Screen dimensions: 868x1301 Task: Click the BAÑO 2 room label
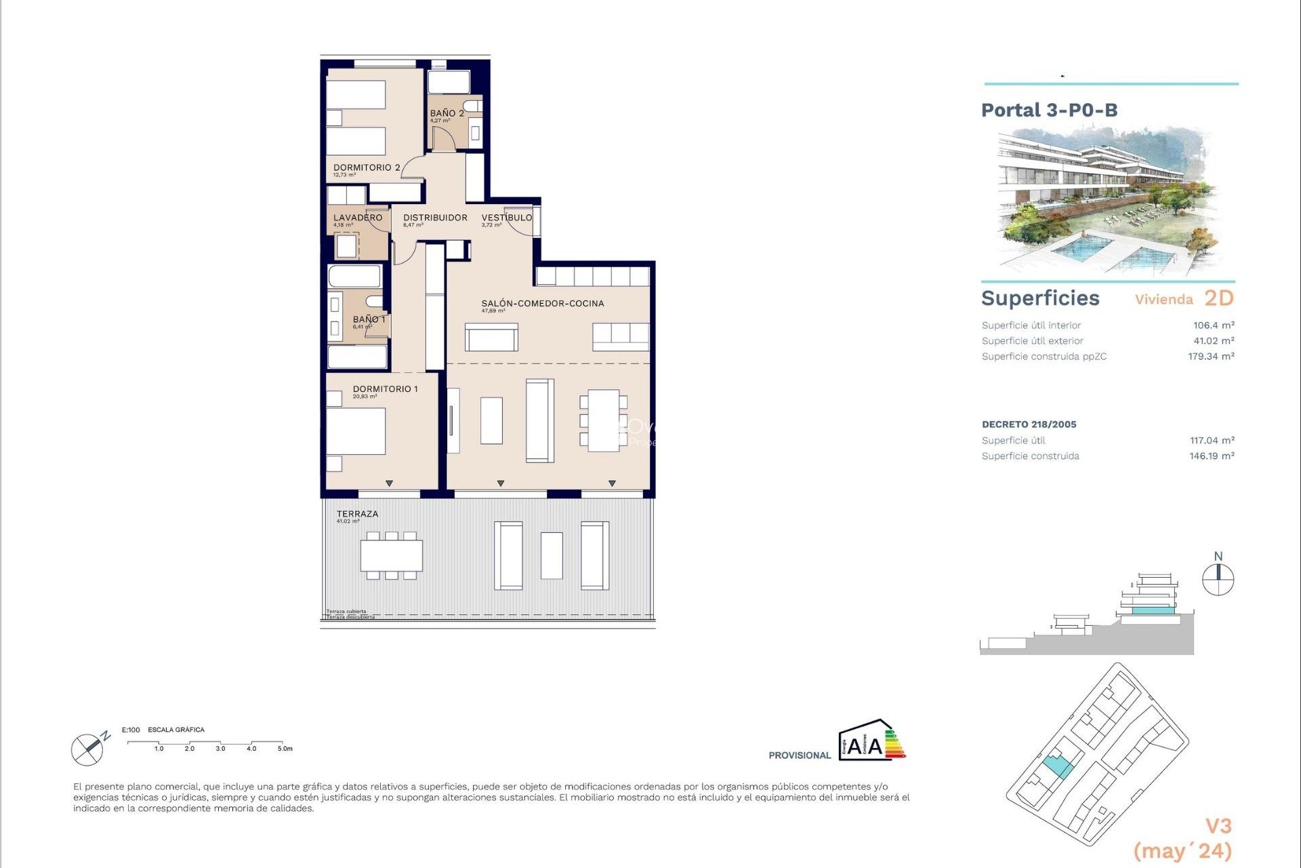447,113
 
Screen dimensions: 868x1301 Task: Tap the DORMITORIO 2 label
367,167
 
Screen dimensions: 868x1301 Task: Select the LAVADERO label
358,218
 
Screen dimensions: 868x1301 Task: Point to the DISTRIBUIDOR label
435,218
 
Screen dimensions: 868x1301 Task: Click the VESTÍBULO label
507,218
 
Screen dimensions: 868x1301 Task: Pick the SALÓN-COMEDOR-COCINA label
543,303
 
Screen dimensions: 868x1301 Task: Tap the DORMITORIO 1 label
385,389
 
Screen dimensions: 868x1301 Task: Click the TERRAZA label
357,514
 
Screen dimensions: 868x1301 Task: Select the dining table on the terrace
391,555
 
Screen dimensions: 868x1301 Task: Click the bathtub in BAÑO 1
354,277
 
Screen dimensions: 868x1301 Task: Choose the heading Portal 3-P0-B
1049,111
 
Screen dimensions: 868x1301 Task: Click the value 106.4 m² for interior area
1214,325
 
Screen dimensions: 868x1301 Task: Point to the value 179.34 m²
1211,357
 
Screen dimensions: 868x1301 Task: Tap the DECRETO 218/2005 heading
1029,425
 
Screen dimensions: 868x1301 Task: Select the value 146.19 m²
1212,456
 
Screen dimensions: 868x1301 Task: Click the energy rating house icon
871,741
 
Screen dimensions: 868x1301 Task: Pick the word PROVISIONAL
799,755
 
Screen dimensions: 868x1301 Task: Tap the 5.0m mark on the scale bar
284,748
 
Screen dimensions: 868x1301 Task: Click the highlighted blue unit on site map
1057,767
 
